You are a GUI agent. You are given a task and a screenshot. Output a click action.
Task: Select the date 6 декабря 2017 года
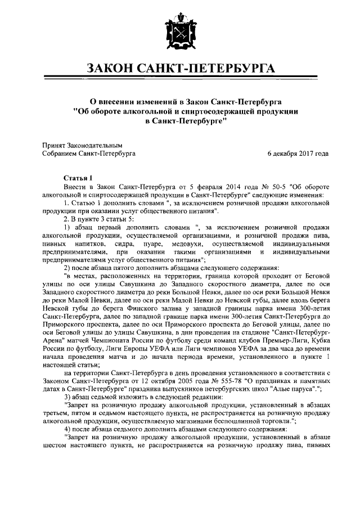298,153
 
